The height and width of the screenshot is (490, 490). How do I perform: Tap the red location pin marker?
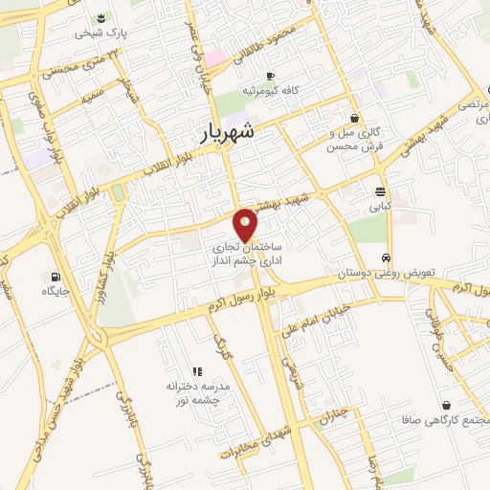[x=246, y=224]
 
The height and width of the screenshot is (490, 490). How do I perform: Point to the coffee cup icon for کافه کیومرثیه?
[x=271, y=76]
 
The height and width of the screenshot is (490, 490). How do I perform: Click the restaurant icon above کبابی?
[x=380, y=190]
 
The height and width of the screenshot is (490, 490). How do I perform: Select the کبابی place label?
[x=380, y=206]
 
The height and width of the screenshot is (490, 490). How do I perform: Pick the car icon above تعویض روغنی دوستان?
[x=385, y=258]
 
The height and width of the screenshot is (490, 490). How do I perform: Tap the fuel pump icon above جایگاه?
[x=47, y=277]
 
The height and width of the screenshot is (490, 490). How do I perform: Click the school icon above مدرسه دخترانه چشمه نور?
[x=197, y=370]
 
